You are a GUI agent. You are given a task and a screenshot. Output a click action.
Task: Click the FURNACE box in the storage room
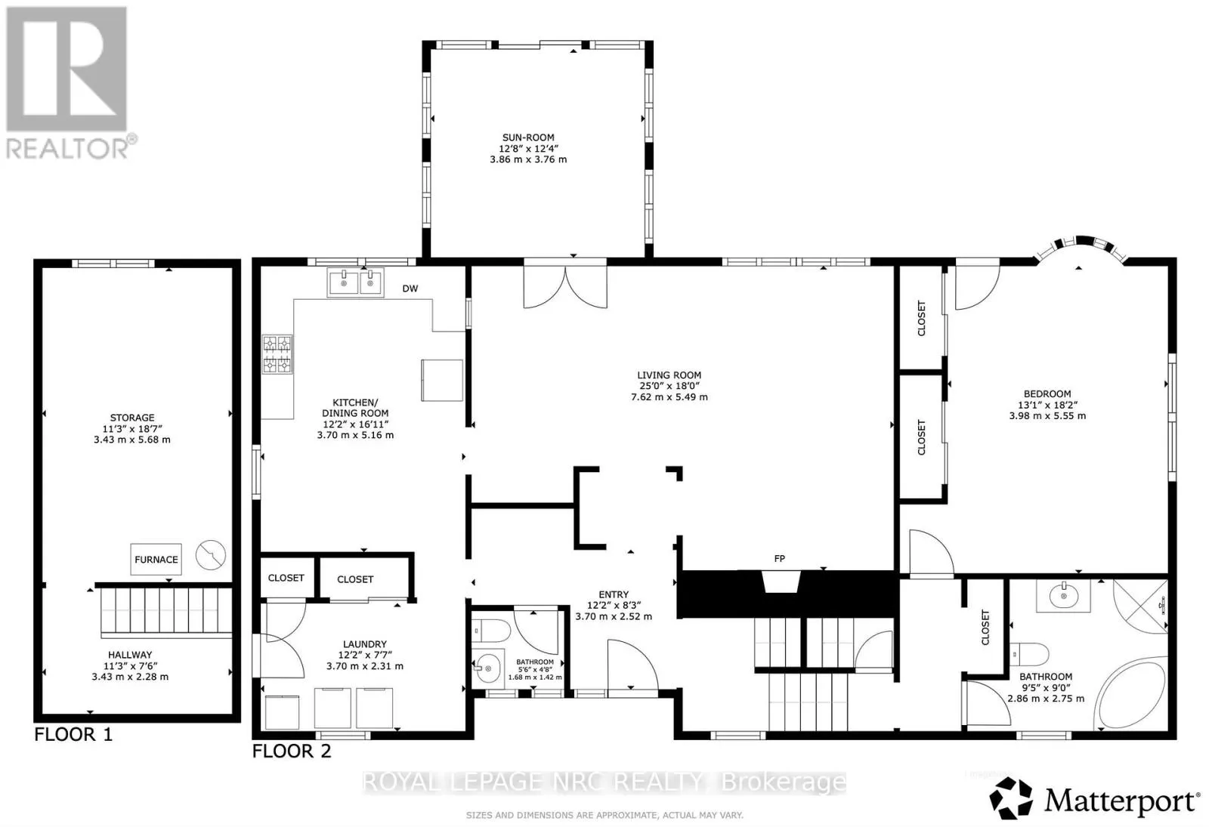156,560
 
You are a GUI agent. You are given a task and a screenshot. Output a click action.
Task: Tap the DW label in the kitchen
410,289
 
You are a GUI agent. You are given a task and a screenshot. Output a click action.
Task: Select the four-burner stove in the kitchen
277,354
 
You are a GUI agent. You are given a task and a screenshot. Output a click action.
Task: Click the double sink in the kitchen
356,282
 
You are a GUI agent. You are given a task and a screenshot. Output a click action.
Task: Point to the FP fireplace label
779,559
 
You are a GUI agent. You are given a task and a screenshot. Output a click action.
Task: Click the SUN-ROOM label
528,137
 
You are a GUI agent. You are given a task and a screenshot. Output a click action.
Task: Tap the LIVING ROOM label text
669,375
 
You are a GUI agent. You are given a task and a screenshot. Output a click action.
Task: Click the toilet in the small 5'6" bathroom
491,631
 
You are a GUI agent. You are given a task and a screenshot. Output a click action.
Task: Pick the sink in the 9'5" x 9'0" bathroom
1063,596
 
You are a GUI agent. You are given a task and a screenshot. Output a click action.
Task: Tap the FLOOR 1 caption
73,734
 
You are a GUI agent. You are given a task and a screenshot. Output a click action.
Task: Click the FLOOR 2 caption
292,751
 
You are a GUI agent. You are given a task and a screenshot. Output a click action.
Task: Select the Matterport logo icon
1011,798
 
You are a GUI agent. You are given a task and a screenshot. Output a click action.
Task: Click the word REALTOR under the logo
67,148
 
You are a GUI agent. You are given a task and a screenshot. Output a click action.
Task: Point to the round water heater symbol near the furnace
211,554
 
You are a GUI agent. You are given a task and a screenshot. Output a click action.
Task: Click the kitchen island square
442,381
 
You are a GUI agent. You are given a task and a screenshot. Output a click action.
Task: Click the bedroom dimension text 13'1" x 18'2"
1047,405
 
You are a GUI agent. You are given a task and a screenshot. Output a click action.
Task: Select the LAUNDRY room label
365,644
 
